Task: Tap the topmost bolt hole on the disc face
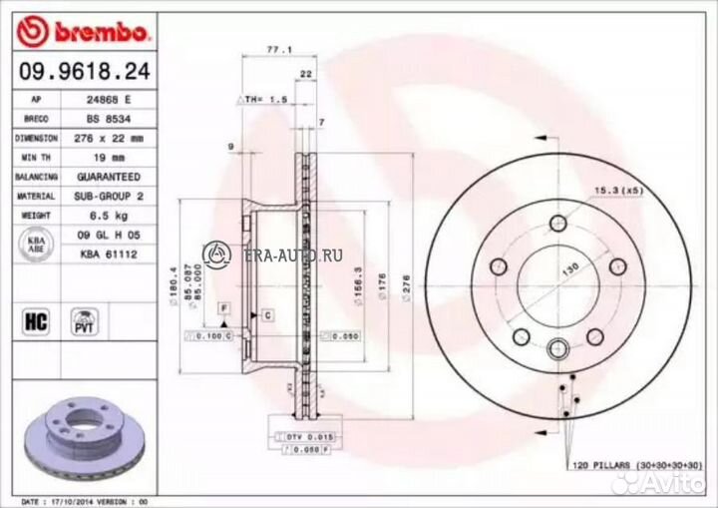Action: [x=558, y=223]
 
